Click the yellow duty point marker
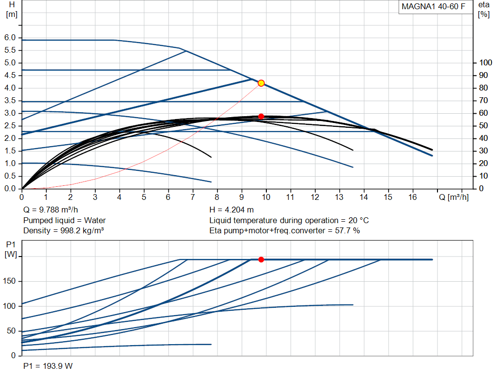(261, 83)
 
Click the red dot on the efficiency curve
(261, 116)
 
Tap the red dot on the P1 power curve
(261, 259)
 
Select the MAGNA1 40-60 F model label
(434, 7)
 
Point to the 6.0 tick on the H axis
(10, 38)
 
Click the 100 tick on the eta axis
(485, 62)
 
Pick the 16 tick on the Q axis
(413, 197)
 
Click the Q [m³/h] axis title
(453, 197)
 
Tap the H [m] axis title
(12, 10)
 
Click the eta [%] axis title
(483, 10)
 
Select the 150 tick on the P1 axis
(9, 281)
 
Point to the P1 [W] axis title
(11, 249)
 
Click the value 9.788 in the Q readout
(49, 210)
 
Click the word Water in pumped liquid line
(95, 220)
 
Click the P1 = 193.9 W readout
(48, 366)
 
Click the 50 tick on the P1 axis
(12, 331)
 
